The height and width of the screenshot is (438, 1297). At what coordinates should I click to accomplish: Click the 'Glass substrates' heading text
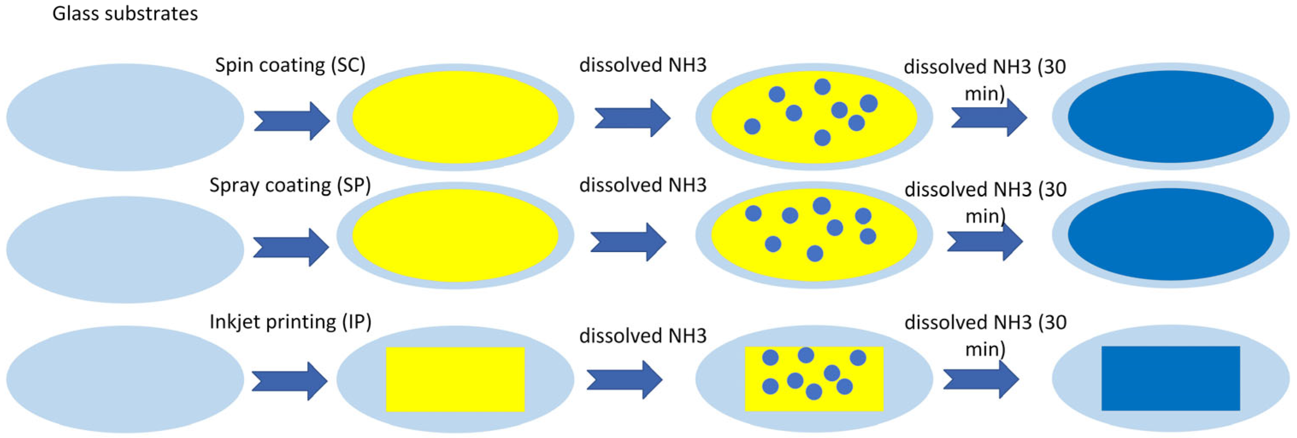[x=125, y=14]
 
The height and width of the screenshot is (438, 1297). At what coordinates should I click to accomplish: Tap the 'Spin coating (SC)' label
[x=290, y=65]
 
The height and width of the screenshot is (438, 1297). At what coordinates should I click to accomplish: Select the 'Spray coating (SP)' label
[x=290, y=185]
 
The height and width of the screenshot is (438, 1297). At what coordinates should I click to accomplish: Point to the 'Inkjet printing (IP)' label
[x=290, y=321]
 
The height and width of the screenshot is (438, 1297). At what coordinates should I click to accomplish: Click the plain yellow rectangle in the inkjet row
[x=455, y=379]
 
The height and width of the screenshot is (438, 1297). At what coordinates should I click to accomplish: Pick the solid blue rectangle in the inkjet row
[x=1170, y=378]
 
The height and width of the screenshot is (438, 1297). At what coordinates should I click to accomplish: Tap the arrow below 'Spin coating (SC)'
[x=291, y=121]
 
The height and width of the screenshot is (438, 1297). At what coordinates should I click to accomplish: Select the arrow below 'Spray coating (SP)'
[x=291, y=247]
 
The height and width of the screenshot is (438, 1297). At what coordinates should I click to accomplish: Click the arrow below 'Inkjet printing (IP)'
[x=289, y=381]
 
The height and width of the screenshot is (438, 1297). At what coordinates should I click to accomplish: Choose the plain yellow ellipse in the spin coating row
[x=455, y=117]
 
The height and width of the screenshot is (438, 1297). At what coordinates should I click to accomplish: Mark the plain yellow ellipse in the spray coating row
[x=455, y=235]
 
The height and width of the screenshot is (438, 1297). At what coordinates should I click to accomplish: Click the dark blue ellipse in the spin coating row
[x=1170, y=116]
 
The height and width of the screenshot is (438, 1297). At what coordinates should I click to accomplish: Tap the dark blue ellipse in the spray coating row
[x=1170, y=234]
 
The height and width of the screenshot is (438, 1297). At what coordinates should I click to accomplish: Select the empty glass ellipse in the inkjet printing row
[x=125, y=379]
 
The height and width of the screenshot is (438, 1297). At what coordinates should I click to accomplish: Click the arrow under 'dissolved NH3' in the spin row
[x=632, y=118]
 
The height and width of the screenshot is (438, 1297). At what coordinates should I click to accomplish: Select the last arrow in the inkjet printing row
[x=980, y=379]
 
